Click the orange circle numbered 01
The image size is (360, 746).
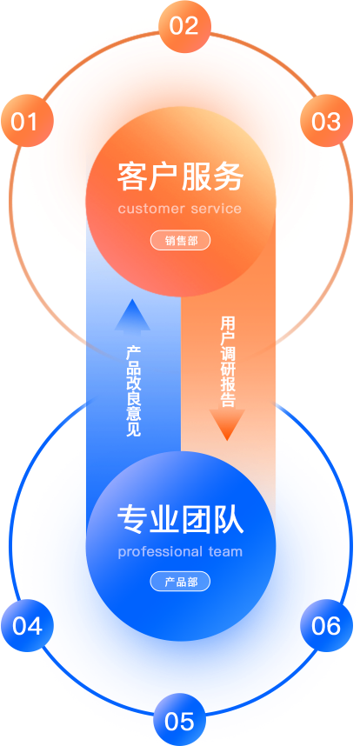pos(27,121)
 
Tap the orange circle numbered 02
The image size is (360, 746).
pos(184,26)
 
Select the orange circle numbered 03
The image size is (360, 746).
pos(327,121)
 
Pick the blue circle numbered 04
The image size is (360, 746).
pos(27,625)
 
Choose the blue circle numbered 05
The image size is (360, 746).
pos(180,719)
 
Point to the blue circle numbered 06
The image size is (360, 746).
pos(327,625)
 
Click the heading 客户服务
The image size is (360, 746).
pos(180,177)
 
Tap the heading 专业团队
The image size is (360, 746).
pos(180,519)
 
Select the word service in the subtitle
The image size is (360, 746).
pos(216,209)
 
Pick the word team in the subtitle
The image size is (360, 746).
pos(225,552)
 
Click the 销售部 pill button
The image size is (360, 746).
pos(180,241)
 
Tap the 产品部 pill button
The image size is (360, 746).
pos(180,582)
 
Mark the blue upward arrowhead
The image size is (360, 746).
pos(133,315)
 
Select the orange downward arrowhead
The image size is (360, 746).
pos(227,425)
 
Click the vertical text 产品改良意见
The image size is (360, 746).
pos(133,391)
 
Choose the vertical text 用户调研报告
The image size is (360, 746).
pos(228,362)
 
